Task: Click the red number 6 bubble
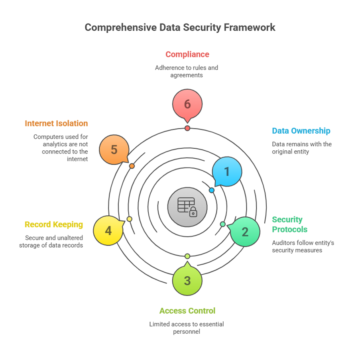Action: [x=187, y=104]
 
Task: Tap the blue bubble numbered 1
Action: [x=227, y=171]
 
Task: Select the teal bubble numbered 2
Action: [x=245, y=232]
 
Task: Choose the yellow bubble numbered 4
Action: [x=108, y=230]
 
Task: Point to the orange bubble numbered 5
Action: [x=114, y=150]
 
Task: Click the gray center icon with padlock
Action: [x=187, y=207]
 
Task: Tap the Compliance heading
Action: [x=187, y=54]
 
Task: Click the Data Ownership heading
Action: [x=301, y=131]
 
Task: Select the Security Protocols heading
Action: [x=289, y=224]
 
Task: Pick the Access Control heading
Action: [x=187, y=311]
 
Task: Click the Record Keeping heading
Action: [x=54, y=224]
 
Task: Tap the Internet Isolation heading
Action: [x=56, y=123]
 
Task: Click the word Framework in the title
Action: [x=250, y=28]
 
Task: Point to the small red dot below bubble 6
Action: [x=187, y=128]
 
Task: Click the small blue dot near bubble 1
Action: [x=212, y=190]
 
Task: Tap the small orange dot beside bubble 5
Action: [x=132, y=166]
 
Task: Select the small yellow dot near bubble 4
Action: [x=130, y=219]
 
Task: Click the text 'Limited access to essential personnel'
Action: [x=187, y=328]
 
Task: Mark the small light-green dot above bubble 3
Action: [x=187, y=256]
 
